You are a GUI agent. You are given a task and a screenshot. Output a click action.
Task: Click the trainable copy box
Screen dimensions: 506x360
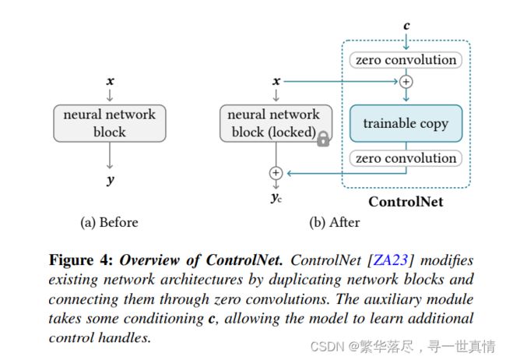[x=406, y=123]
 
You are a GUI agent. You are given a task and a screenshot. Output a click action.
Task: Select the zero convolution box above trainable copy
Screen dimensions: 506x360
[x=406, y=60]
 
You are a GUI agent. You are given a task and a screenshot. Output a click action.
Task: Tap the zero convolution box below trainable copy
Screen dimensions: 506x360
[x=406, y=158]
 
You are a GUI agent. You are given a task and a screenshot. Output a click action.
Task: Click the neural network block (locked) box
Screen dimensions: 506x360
[x=276, y=123]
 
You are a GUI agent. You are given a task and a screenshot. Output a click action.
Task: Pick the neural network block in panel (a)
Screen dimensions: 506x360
[x=110, y=123]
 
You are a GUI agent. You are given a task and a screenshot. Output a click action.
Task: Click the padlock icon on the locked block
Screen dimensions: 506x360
[x=323, y=139]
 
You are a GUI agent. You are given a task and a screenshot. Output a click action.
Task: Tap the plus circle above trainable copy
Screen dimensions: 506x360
[x=406, y=82]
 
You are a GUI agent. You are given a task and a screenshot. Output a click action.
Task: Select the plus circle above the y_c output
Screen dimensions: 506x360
[x=276, y=173]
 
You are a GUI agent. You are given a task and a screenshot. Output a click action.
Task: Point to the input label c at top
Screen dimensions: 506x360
[x=406, y=26]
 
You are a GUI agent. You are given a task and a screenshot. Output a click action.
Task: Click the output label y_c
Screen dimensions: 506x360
[x=276, y=197]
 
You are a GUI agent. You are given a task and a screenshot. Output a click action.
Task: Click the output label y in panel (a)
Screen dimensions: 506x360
[x=111, y=180]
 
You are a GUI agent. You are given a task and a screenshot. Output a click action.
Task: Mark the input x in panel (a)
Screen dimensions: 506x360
[x=110, y=81]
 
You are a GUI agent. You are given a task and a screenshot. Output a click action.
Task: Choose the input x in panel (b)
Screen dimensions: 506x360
[x=276, y=81]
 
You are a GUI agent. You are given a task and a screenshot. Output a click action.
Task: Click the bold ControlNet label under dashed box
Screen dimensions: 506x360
[x=406, y=202]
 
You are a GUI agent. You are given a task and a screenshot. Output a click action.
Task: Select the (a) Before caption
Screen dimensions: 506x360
[x=109, y=222]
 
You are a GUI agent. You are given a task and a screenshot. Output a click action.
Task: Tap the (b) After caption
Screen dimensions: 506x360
[x=334, y=222]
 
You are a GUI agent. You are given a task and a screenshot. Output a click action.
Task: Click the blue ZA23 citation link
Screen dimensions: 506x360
[x=391, y=260]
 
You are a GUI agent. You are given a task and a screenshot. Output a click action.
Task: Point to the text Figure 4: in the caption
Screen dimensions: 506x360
[x=81, y=260]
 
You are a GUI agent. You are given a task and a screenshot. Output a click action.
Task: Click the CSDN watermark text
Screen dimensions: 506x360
[x=402, y=347]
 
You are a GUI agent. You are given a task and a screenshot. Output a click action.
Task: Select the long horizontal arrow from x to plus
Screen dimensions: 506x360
[x=341, y=82]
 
